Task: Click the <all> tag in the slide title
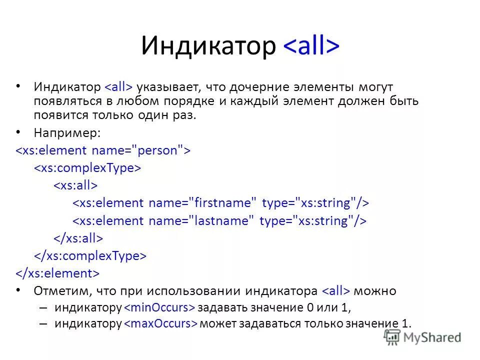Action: [311, 46]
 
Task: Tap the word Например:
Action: [67, 132]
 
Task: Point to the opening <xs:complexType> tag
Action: [87, 168]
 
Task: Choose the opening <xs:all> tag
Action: [75, 185]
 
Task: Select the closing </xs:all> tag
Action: [78, 238]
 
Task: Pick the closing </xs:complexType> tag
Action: [90, 256]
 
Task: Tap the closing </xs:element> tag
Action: [57, 273]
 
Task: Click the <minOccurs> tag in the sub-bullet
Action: [159, 307]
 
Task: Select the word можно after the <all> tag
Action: [376, 291]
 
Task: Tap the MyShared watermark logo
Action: [422, 337]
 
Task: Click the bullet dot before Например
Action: [18, 132]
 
